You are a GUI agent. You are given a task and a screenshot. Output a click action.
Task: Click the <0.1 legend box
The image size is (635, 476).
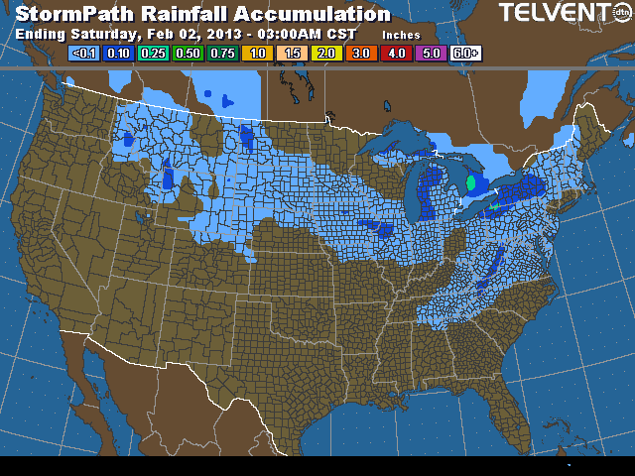click(83, 53)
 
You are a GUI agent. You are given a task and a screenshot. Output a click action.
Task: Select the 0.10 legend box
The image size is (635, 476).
click(119, 53)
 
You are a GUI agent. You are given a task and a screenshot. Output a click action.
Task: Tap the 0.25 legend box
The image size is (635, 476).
click(154, 53)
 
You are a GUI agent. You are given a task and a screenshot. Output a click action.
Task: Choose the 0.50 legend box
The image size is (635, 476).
click(189, 53)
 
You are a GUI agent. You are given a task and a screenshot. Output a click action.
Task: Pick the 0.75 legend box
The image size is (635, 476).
click(223, 53)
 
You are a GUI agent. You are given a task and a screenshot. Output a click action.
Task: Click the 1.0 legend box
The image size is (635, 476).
click(257, 53)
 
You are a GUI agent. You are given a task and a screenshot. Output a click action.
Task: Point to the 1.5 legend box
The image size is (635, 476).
click(292, 53)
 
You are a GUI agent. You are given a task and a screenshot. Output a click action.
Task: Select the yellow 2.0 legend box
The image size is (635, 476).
click(326, 53)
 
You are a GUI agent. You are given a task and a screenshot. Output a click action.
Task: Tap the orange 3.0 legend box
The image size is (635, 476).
click(361, 53)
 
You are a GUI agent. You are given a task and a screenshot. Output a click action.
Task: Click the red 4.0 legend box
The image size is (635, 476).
click(396, 53)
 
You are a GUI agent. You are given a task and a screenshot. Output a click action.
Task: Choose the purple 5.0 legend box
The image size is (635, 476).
click(431, 53)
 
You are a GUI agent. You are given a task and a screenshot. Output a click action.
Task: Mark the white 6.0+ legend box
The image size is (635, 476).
click(465, 53)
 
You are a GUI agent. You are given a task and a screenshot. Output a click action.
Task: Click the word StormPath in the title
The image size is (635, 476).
click(73, 14)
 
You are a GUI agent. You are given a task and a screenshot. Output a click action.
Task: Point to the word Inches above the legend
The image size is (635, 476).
click(402, 35)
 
